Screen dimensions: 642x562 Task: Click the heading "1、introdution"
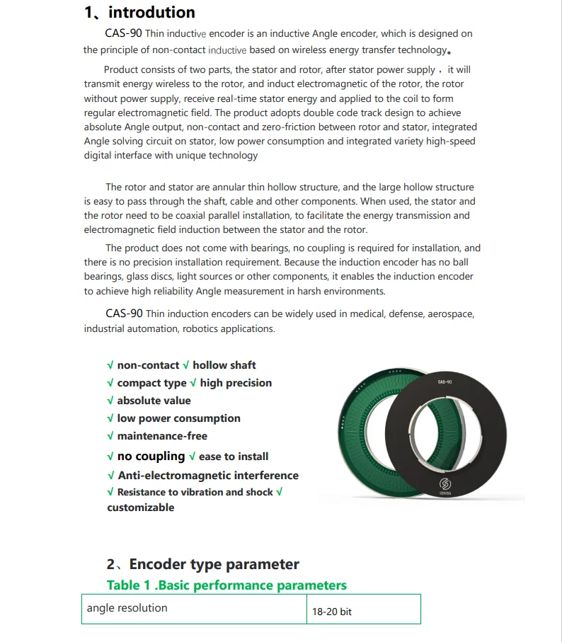(x=139, y=12)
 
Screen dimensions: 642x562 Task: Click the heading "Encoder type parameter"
(x=214, y=564)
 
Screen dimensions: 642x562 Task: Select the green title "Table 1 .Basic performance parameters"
(x=226, y=585)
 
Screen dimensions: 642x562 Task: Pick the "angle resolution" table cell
(x=127, y=608)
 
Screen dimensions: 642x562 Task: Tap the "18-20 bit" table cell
(x=332, y=612)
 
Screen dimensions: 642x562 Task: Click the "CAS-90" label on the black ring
(x=445, y=382)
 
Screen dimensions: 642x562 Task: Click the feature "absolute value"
(x=154, y=401)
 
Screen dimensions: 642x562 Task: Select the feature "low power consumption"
(x=178, y=418)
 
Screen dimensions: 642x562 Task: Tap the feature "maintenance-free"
(x=162, y=436)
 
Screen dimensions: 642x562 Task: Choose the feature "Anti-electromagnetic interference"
(x=208, y=476)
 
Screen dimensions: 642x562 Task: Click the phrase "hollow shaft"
(x=224, y=365)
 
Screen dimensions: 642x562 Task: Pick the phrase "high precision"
(x=236, y=383)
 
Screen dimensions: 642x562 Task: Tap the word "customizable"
(x=141, y=508)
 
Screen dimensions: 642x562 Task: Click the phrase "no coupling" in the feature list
(x=151, y=457)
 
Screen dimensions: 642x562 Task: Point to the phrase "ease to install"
(x=234, y=457)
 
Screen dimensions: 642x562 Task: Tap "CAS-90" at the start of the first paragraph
(x=125, y=33)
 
